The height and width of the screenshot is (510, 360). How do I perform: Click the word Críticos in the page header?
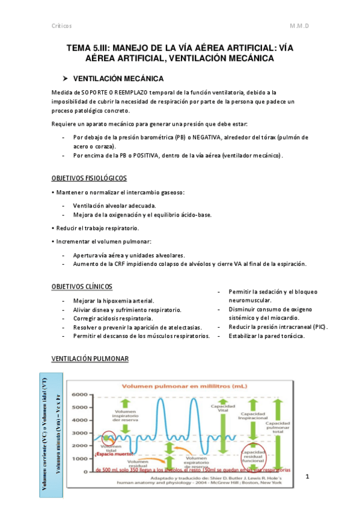point(61,26)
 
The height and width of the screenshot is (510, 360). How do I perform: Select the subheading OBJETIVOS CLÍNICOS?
point(81,286)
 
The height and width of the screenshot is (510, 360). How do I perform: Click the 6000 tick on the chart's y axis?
point(79,395)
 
